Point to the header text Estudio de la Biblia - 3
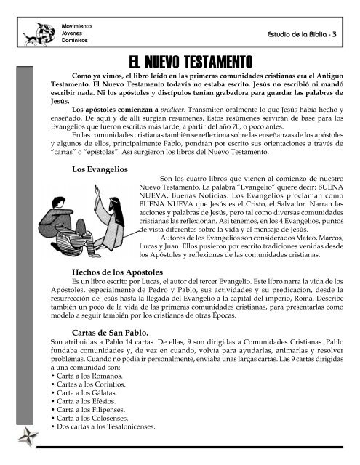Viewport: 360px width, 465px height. [x=310, y=34]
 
